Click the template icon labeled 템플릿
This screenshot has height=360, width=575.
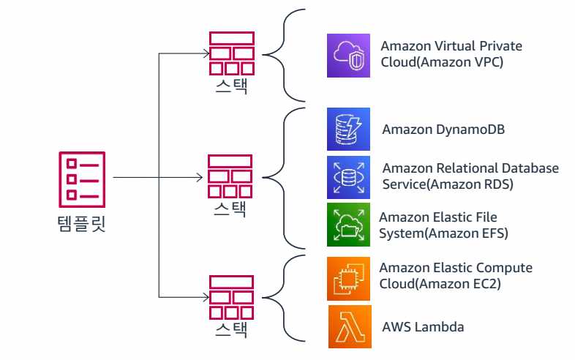tap(81, 178)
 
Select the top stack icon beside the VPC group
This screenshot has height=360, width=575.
tap(231, 53)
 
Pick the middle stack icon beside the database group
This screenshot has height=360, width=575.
tap(231, 176)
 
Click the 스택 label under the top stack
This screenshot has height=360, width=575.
tap(231, 87)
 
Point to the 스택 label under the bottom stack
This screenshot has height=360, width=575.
tap(231, 330)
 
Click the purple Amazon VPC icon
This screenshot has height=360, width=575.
tap(349, 55)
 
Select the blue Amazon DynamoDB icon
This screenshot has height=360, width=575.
tap(349, 129)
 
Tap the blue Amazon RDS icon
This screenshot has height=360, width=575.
tap(349, 176)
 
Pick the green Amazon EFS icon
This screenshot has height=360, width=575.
tap(349, 225)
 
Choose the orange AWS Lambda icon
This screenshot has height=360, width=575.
tap(349, 326)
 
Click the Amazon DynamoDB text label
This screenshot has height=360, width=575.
tap(443, 130)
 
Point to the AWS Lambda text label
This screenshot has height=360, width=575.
tap(423, 326)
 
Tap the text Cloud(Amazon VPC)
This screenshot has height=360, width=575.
tap(442, 63)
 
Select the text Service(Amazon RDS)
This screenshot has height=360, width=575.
tap(448, 184)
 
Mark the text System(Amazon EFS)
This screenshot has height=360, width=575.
tap(443, 233)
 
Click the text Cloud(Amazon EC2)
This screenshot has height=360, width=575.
tap(440, 284)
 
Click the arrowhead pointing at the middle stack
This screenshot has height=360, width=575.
tap(203, 177)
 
